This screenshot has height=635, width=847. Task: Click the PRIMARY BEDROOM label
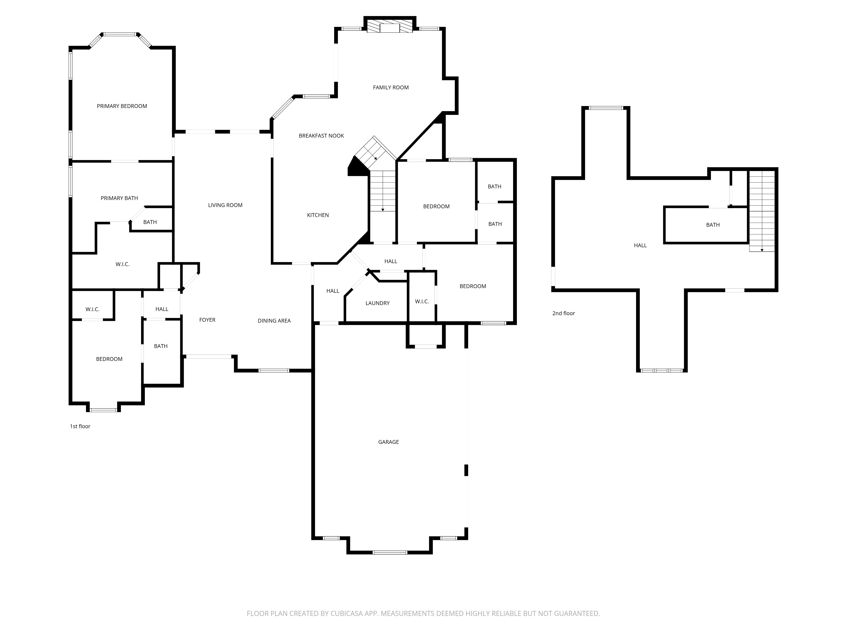click(122, 106)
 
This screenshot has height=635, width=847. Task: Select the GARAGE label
click(388, 442)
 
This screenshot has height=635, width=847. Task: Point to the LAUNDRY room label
click(377, 303)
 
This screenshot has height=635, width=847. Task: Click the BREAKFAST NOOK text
click(321, 135)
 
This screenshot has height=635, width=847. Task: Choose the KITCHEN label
click(318, 215)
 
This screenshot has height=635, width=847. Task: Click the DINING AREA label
click(274, 321)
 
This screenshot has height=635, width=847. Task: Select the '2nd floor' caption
click(563, 313)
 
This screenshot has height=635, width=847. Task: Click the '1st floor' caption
click(80, 426)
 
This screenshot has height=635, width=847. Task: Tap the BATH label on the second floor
click(713, 225)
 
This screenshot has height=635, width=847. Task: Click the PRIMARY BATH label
click(119, 198)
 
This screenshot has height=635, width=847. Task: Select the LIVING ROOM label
click(225, 205)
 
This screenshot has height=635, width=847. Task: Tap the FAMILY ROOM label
click(390, 87)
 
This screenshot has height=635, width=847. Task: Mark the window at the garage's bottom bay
click(390, 552)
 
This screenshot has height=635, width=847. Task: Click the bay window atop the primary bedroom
click(120, 35)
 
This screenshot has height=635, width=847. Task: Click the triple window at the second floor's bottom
click(662, 370)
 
